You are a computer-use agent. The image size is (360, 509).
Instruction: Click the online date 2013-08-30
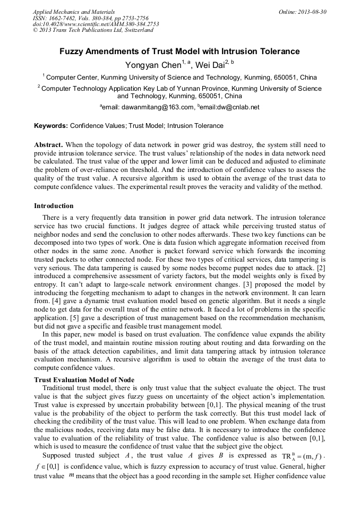pos(313,12)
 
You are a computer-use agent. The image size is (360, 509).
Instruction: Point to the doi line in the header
pos(96,24)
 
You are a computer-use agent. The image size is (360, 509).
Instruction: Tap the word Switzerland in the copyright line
pos(138,30)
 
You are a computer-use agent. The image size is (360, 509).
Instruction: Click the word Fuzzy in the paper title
pos(71,51)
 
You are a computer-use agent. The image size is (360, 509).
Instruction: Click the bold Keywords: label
pos(51,126)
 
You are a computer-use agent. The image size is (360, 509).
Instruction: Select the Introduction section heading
pos(54,206)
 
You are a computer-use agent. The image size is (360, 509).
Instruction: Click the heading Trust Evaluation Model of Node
pos(84,380)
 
